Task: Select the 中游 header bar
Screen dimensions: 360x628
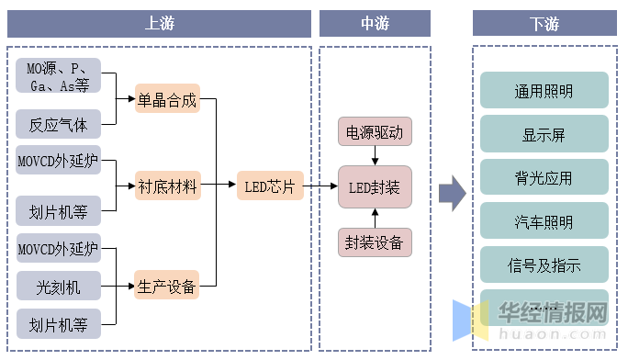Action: point(374,24)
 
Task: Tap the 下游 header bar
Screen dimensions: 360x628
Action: point(544,24)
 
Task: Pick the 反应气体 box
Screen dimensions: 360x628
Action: point(58,123)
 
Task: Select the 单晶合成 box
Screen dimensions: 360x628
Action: point(166,99)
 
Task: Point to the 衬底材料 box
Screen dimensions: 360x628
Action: point(166,187)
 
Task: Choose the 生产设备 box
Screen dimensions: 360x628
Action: point(166,287)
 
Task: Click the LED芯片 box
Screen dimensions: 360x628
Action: point(269,187)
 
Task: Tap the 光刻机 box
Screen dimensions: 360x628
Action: point(58,287)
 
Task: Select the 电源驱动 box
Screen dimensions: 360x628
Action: point(374,132)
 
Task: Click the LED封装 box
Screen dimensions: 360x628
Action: point(374,187)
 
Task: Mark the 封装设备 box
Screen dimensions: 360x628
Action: point(374,242)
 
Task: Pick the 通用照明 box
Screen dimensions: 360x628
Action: point(544,91)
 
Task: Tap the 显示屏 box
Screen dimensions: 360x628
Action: point(544,134)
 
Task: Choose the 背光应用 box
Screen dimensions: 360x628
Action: point(544,177)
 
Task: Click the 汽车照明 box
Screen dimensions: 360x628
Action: point(544,221)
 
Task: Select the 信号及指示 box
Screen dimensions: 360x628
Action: point(544,264)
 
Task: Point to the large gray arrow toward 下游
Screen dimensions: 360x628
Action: point(451,191)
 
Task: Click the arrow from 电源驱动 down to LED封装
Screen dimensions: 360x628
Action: point(374,157)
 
